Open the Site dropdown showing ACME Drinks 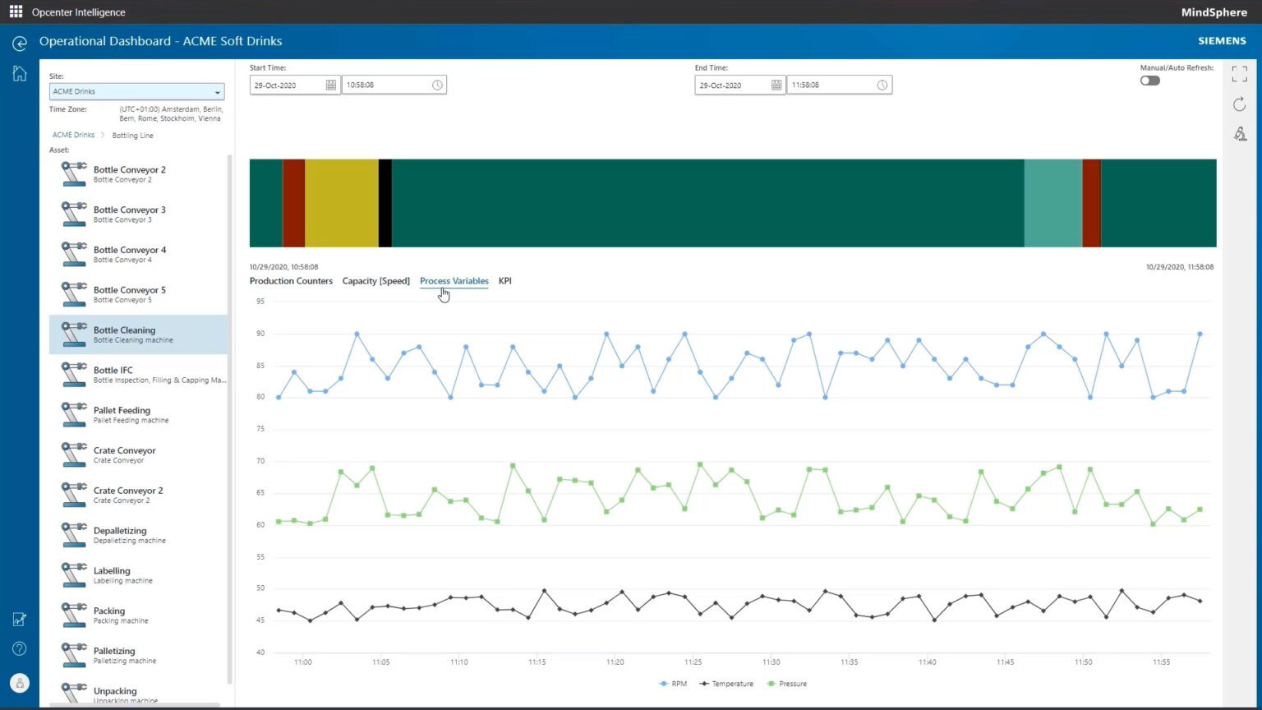click(136, 91)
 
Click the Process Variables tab click(454, 281)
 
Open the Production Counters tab click(291, 281)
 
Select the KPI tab click(504, 281)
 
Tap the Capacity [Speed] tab click(375, 281)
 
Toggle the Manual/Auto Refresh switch click(1149, 81)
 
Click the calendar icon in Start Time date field click(330, 85)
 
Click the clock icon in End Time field click(882, 85)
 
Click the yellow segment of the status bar click(341, 203)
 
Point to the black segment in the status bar click(385, 203)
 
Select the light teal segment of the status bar click(1052, 203)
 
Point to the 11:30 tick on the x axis click(771, 662)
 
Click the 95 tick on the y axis click(260, 302)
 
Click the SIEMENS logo click(1222, 41)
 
